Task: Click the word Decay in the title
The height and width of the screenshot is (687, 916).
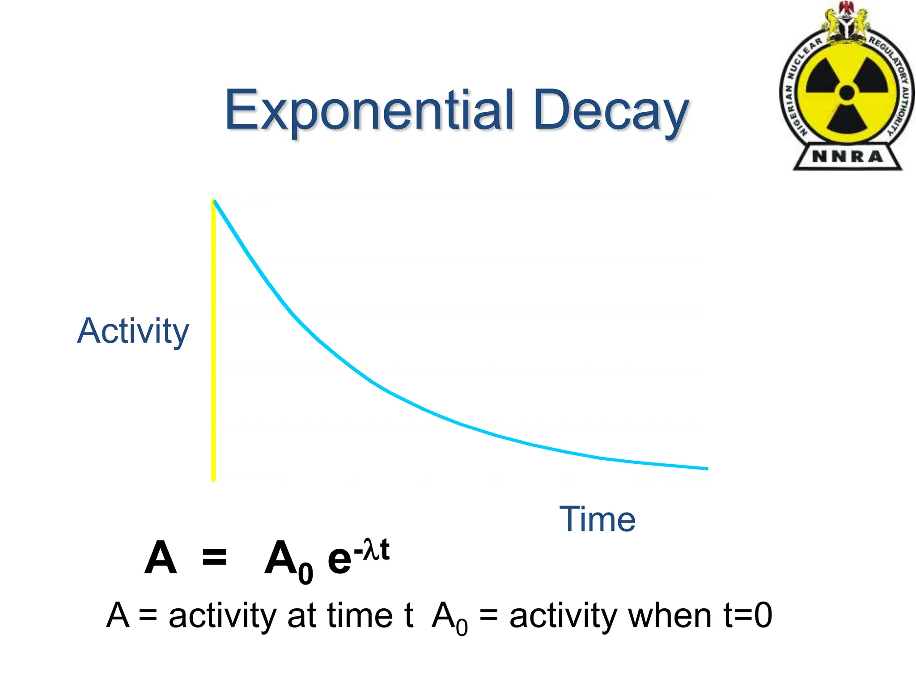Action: click(x=611, y=111)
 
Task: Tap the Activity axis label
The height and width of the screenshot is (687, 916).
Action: click(x=133, y=331)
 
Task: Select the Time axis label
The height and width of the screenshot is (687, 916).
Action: click(x=597, y=519)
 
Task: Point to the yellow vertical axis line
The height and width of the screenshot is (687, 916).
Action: click(x=214, y=340)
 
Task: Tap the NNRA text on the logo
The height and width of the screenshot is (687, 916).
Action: click(x=847, y=157)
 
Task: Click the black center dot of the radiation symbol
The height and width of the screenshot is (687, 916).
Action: click(x=847, y=93)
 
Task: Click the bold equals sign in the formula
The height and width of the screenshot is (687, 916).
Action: click(x=214, y=558)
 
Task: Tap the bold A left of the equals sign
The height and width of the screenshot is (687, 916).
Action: click(x=161, y=558)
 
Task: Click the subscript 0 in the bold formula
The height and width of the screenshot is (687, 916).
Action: click(x=305, y=573)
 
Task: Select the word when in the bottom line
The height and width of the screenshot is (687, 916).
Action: click(x=670, y=616)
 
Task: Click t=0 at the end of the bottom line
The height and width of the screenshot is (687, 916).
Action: click(x=747, y=616)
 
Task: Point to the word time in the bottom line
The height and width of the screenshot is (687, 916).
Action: click(x=360, y=616)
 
